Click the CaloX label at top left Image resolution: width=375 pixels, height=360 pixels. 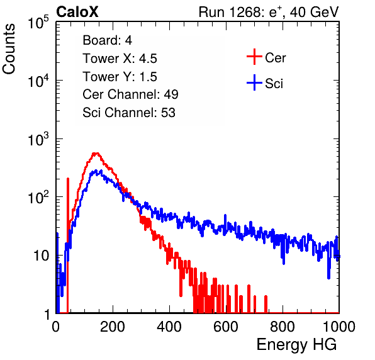[x=77, y=12]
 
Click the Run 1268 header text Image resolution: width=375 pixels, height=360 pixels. [x=230, y=12]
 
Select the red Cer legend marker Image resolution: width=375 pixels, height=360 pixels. [x=254, y=57]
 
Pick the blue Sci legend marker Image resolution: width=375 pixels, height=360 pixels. [x=254, y=82]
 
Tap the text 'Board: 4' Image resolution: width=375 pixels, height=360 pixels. [x=107, y=40]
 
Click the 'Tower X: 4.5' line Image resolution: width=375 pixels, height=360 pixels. [x=120, y=59]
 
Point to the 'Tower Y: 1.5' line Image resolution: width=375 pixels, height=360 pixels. [x=120, y=77]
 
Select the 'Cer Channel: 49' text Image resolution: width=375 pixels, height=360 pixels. [x=130, y=94]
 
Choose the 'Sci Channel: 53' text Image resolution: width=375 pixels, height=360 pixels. [x=129, y=113]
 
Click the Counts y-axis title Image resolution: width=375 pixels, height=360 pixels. [x=9, y=49]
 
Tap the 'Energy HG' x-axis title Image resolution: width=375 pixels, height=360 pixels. [x=296, y=345]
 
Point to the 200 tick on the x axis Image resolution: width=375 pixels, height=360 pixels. [x=113, y=327]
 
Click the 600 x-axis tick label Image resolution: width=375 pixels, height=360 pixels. [x=226, y=327]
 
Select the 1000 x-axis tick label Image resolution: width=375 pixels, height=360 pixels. [x=339, y=327]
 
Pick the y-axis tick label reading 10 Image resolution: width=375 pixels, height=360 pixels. [x=41, y=256]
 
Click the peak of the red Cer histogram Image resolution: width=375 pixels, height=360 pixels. [x=96, y=153]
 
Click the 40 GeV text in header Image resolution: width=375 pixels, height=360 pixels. [x=314, y=12]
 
